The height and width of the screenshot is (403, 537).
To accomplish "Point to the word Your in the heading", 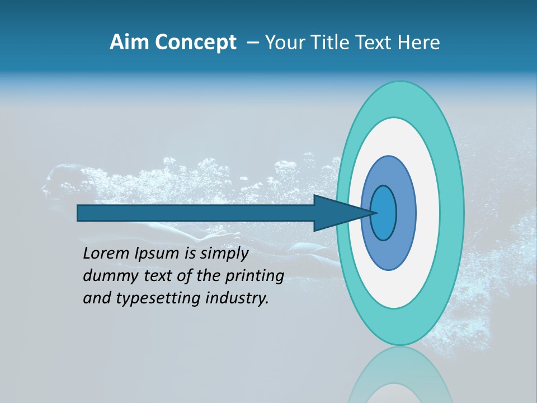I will point(285,43).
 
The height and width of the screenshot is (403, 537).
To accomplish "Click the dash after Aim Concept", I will point(253,43).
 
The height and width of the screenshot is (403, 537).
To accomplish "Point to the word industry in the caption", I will point(237,298).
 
